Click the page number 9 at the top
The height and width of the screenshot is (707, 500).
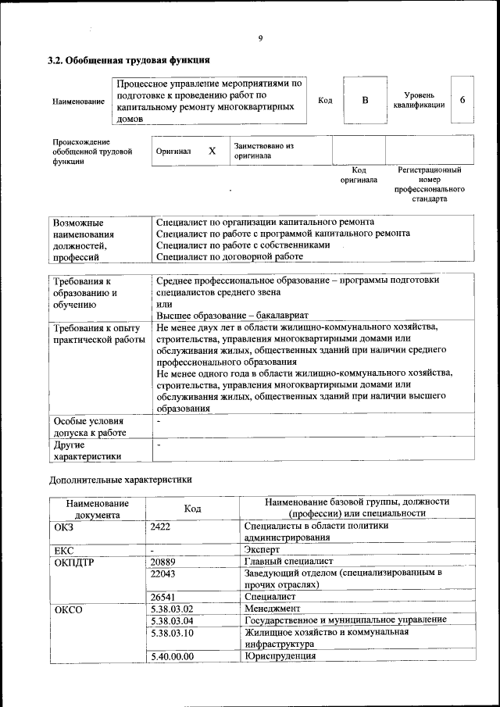click(x=261, y=38)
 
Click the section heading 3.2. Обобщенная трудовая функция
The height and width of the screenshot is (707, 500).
click(x=129, y=59)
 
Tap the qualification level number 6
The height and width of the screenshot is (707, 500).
click(x=462, y=100)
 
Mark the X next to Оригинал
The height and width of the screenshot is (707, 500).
click(x=212, y=151)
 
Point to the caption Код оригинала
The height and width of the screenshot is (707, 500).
click(x=359, y=175)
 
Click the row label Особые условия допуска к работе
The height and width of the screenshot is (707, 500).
click(x=90, y=426)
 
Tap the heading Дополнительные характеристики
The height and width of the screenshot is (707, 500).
click(x=120, y=479)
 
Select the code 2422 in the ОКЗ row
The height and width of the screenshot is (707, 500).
click(x=160, y=527)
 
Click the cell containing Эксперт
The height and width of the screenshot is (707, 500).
click(x=258, y=550)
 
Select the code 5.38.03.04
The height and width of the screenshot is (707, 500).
click(x=172, y=620)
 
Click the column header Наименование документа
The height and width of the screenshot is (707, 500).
click(x=97, y=509)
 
